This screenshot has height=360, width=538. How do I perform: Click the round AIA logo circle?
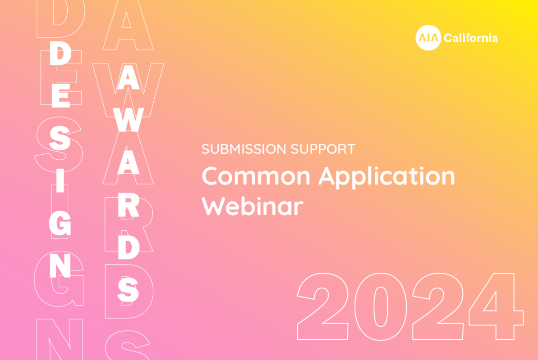428,38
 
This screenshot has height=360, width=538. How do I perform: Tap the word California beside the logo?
471,38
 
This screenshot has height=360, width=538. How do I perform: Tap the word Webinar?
252,206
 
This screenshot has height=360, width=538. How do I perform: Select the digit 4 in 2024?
496,306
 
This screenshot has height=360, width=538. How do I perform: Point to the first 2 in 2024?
323,306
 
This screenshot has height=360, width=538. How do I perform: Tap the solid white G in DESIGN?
60,224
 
